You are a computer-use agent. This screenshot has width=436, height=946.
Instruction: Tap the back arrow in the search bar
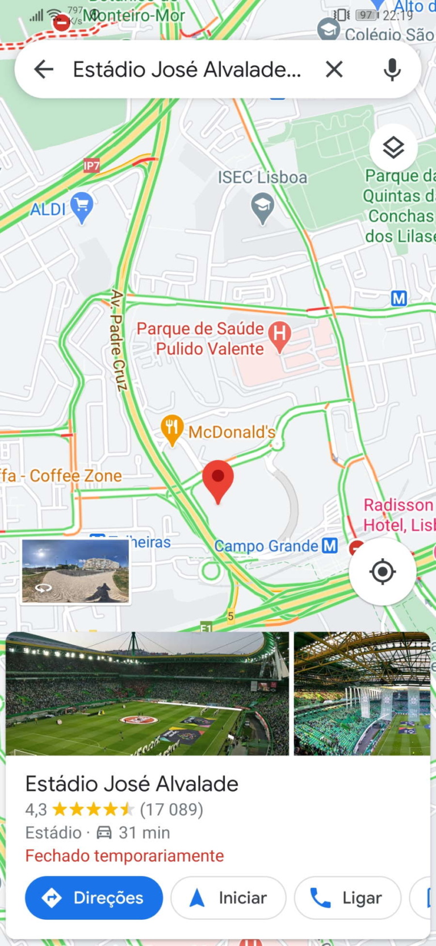(x=44, y=69)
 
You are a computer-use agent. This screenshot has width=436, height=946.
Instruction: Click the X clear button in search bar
(x=334, y=69)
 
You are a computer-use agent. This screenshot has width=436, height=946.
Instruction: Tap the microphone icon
(x=392, y=69)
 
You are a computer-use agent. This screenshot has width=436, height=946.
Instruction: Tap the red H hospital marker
(x=279, y=334)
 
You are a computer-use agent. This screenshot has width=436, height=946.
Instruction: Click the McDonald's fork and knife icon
(x=171, y=428)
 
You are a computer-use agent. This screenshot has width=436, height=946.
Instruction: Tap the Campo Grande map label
(x=266, y=546)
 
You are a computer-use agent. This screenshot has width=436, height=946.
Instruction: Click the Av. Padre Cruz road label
(x=118, y=340)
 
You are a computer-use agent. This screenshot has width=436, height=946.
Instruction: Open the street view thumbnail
(x=76, y=571)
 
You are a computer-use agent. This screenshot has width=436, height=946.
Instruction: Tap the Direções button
(x=94, y=898)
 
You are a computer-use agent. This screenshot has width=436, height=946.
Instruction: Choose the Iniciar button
(x=228, y=898)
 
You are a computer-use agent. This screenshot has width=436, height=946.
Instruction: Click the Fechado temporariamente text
(x=124, y=856)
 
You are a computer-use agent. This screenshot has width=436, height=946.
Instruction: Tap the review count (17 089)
(x=171, y=809)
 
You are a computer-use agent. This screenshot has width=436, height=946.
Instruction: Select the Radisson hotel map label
(x=399, y=515)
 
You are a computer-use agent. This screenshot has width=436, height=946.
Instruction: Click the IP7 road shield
(x=91, y=165)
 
